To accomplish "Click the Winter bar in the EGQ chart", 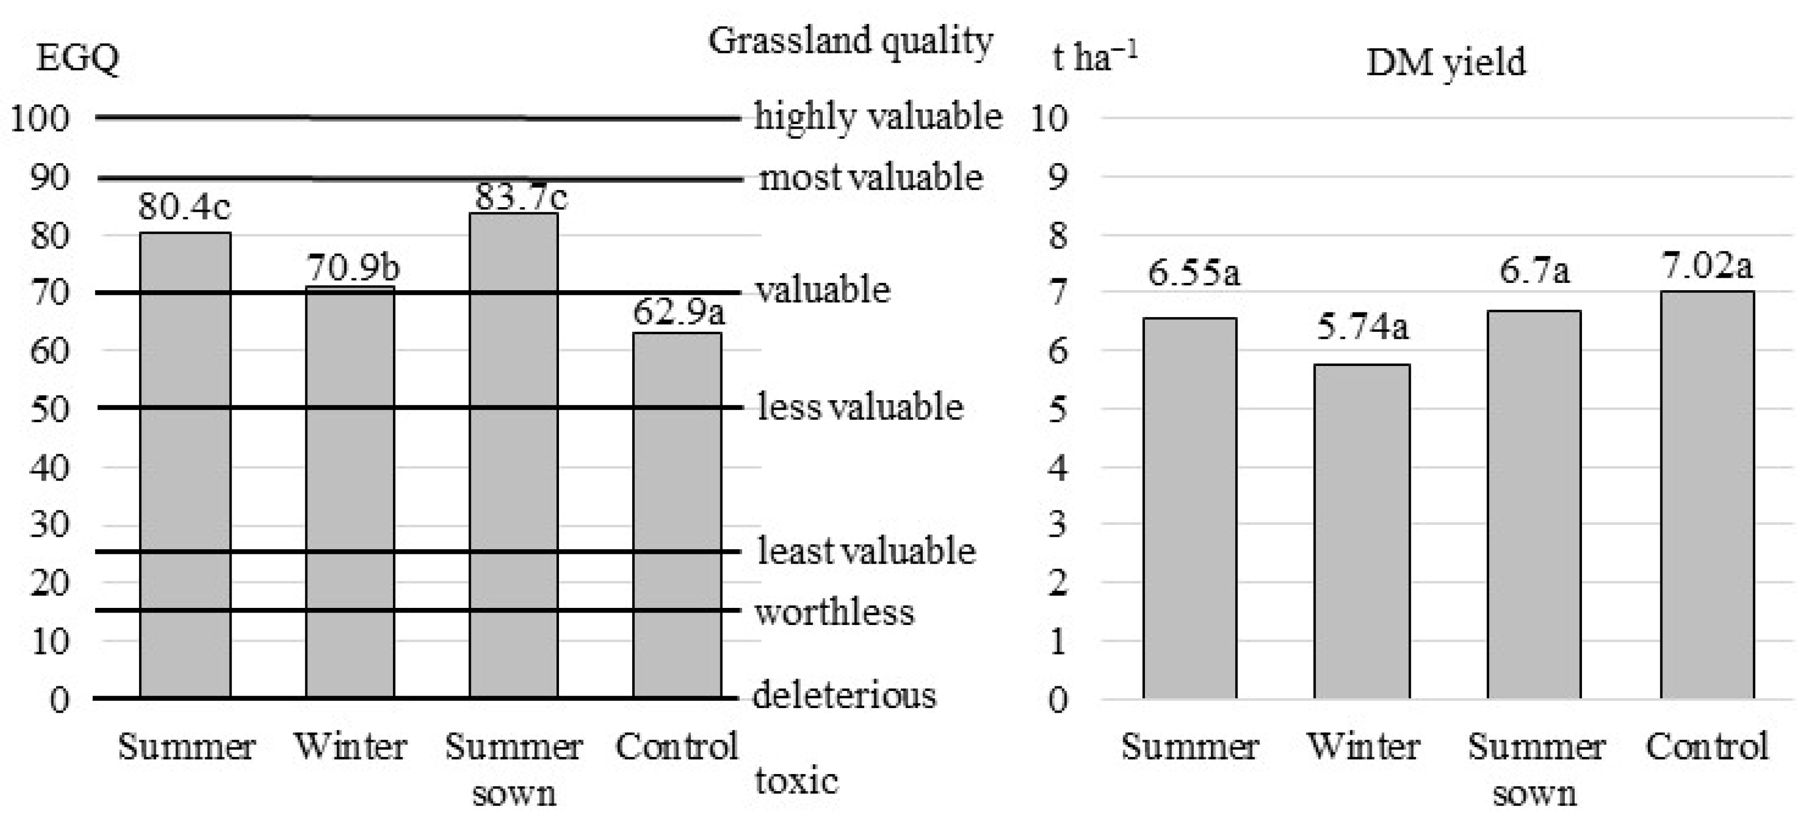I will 350,493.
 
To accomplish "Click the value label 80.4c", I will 184,206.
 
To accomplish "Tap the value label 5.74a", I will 1362,327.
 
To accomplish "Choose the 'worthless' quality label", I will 835,612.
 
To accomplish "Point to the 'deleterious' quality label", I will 844,696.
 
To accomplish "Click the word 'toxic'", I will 796,781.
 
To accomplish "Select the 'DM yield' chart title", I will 1445,63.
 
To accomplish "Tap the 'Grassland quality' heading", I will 850,41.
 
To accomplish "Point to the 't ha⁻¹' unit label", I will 1094,57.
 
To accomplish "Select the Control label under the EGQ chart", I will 677,747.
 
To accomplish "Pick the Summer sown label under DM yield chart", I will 1535,769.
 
